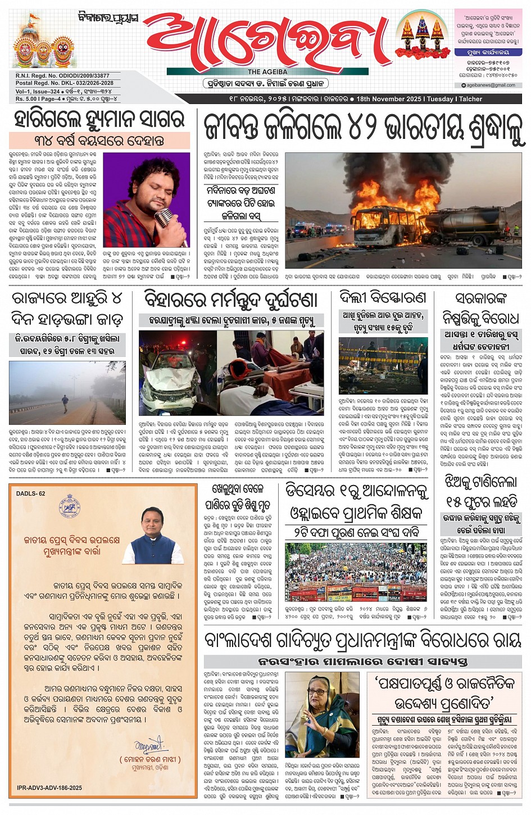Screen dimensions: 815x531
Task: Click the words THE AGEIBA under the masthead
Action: pyautogui.click(x=267, y=72)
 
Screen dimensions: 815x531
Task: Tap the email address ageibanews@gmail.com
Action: pyautogui.click(x=491, y=85)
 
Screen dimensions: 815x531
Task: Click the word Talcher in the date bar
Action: pyautogui.click(x=470, y=99)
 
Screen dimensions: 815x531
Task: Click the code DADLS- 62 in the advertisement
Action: pyautogui.click(x=31, y=493)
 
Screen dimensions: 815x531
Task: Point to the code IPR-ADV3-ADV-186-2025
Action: pyautogui.click(x=49, y=787)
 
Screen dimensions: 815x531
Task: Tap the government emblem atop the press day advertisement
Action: pyautogui.click(x=70, y=507)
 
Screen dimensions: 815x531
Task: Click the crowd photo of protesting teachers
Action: pyautogui.click(x=356, y=572)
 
